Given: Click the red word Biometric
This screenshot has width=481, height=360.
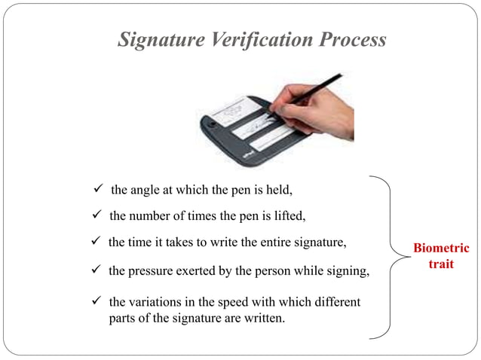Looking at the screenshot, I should tap(441, 249).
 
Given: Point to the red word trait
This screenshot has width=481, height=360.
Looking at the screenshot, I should tap(441, 264).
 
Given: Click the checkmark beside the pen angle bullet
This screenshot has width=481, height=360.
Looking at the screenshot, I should tap(96, 188).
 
